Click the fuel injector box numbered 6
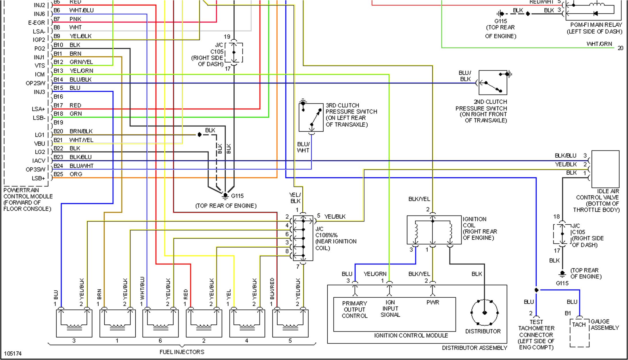160,323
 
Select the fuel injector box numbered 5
290,323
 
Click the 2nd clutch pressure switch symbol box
493,82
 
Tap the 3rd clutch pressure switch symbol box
311,117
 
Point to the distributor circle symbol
484,312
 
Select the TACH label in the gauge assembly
579,325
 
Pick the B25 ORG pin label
68,174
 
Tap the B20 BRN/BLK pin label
73,131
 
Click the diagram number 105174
13,353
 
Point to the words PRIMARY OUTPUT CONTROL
354,309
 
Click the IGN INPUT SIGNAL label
390,309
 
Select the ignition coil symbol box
434,230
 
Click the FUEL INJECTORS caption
182,352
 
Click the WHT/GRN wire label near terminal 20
599,44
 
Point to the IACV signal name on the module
39,161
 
